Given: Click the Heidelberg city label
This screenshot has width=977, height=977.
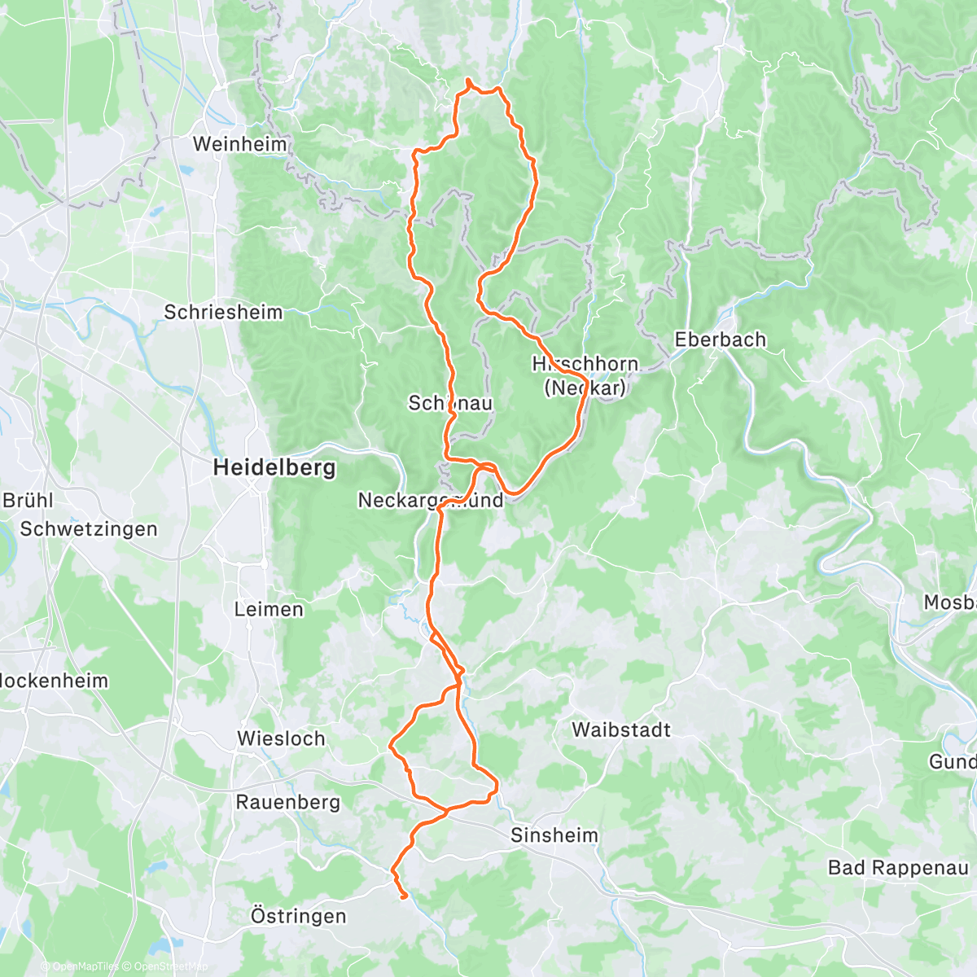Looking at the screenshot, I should (x=274, y=468).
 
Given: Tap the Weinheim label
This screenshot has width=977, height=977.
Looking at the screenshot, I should (x=240, y=144).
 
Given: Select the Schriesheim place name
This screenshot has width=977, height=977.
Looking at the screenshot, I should (x=223, y=312).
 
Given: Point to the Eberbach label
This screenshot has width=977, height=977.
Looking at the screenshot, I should (x=721, y=340).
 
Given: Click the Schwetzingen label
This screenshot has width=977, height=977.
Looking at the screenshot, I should (x=89, y=529).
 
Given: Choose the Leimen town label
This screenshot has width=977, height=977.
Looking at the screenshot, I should (x=269, y=609).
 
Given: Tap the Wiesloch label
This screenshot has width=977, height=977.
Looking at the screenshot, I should (x=281, y=738).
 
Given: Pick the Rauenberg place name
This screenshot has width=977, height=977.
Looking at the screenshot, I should (x=287, y=802).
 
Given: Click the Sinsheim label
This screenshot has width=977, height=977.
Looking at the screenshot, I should (x=554, y=835).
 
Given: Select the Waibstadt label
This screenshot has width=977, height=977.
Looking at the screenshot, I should (x=621, y=729).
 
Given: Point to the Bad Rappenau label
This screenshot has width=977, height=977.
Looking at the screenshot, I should (x=898, y=867).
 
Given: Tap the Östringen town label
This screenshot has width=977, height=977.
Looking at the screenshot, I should (x=298, y=916).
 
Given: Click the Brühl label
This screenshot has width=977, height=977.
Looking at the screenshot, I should (x=28, y=500).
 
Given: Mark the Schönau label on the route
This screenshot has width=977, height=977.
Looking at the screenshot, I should (x=450, y=403).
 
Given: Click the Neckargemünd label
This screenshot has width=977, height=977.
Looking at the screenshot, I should (x=431, y=500).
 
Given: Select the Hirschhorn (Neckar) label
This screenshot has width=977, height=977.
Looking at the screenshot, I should (x=585, y=375).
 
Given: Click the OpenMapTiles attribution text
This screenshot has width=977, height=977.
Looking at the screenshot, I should (x=80, y=966).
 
